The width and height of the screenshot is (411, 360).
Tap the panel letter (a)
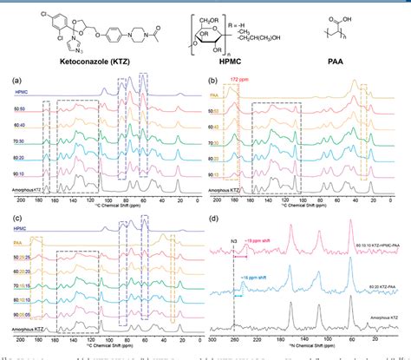(x=9, y=81)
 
